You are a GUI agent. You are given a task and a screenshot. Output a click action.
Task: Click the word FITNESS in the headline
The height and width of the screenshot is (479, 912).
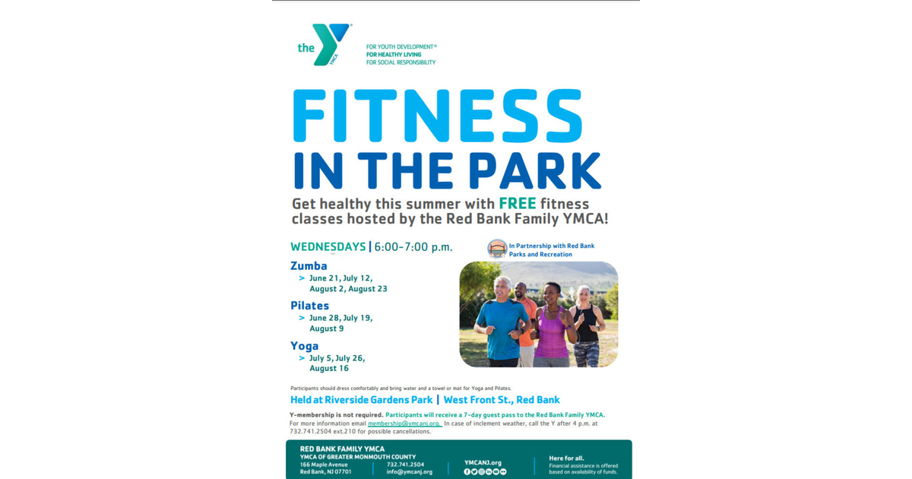(437, 116)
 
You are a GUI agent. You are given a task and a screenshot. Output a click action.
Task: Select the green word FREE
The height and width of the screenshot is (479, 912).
(518, 204)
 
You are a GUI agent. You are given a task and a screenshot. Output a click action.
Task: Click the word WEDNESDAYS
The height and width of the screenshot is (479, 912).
(328, 246)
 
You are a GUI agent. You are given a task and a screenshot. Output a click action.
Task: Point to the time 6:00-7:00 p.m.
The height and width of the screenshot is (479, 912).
(413, 247)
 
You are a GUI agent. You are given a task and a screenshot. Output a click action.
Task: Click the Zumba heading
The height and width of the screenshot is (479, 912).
(309, 266)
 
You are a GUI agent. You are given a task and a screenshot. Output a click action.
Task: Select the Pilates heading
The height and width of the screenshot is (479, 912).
(309, 306)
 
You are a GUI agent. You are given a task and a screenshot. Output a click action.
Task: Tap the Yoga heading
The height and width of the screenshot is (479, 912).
(304, 346)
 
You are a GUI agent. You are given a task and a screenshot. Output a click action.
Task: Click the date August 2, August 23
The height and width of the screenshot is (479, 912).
(348, 289)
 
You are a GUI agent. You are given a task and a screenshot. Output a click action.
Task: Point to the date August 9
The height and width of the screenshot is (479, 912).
(326, 328)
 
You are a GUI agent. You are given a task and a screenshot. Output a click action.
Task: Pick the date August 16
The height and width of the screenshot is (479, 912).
(329, 368)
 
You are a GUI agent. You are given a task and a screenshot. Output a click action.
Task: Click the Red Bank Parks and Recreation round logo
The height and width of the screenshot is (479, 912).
(497, 249)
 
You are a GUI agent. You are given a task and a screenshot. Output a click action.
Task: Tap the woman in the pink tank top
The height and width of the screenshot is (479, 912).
(553, 327)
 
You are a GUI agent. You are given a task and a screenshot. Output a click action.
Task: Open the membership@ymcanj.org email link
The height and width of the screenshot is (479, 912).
(404, 423)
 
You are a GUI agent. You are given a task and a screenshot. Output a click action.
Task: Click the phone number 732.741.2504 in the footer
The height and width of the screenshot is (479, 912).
(405, 464)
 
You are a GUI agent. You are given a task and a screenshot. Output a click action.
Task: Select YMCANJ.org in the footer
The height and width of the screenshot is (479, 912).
(483, 462)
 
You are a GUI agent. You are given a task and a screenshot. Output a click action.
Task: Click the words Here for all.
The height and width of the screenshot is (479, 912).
(566, 458)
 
